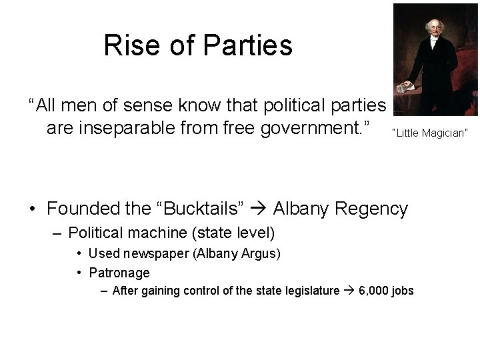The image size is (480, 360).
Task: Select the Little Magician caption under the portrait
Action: click(x=430, y=133)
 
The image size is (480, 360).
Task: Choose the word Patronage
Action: click(x=119, y=272)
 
